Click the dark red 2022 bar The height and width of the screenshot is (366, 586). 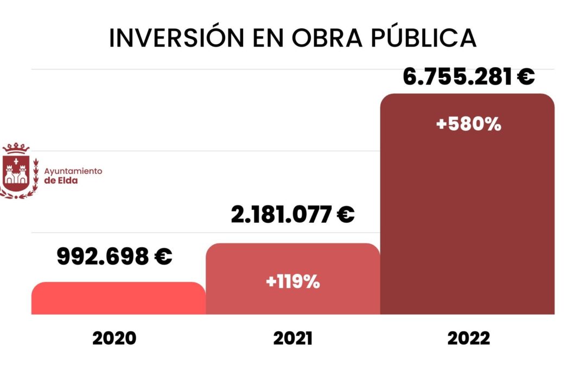467,217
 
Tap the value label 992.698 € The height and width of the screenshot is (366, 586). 114,256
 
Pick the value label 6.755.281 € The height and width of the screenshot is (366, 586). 468,76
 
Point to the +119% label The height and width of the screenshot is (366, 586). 292,282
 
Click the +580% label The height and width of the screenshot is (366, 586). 468,124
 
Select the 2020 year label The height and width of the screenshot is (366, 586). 114,338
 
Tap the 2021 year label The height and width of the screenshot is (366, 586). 292,338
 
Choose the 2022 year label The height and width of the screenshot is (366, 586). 468,338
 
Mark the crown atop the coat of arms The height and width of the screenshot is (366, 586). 17,148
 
